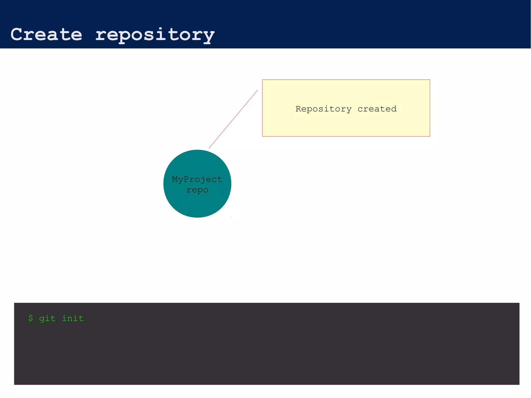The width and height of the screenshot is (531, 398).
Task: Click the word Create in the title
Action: point(46,34)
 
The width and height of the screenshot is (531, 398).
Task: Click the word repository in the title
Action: point(155,35)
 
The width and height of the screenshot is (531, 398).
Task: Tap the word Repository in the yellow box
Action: point(324,109)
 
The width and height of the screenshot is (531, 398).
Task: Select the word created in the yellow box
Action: point(377,109)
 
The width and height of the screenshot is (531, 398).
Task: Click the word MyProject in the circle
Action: point(197,179)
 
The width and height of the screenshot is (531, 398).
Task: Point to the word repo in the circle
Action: point(197,190)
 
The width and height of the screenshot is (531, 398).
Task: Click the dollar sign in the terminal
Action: point(31,318)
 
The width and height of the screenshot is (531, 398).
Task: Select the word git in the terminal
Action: point(47,318)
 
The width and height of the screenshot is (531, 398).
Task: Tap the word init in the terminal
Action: point(73,318)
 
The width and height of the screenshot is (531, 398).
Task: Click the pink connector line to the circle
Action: point(233,119)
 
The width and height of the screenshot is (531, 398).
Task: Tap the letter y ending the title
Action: point(208,36)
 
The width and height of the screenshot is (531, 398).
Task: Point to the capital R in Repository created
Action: point(298,109)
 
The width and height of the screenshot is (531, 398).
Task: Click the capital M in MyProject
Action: point(175,179)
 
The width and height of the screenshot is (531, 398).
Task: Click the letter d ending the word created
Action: point(394,109)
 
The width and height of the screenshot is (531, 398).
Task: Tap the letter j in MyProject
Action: point(203,180)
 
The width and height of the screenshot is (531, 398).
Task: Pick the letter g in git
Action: point(42,319)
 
